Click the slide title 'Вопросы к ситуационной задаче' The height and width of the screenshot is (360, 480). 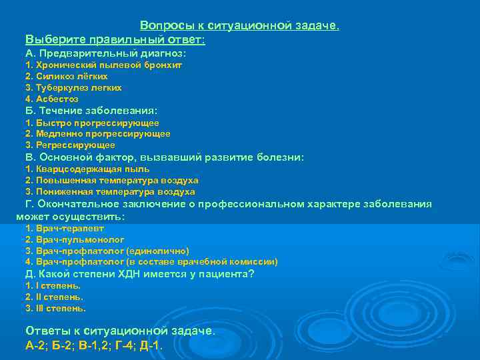click(x=239, y=26)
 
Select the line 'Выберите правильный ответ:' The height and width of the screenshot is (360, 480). click(x=115, y=39)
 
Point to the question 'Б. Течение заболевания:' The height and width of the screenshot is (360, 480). click(x=91, y=111)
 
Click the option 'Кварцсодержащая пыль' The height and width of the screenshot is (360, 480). click(x=93, y=169)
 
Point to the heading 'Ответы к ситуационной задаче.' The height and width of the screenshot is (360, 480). click(x=120, y=331)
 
